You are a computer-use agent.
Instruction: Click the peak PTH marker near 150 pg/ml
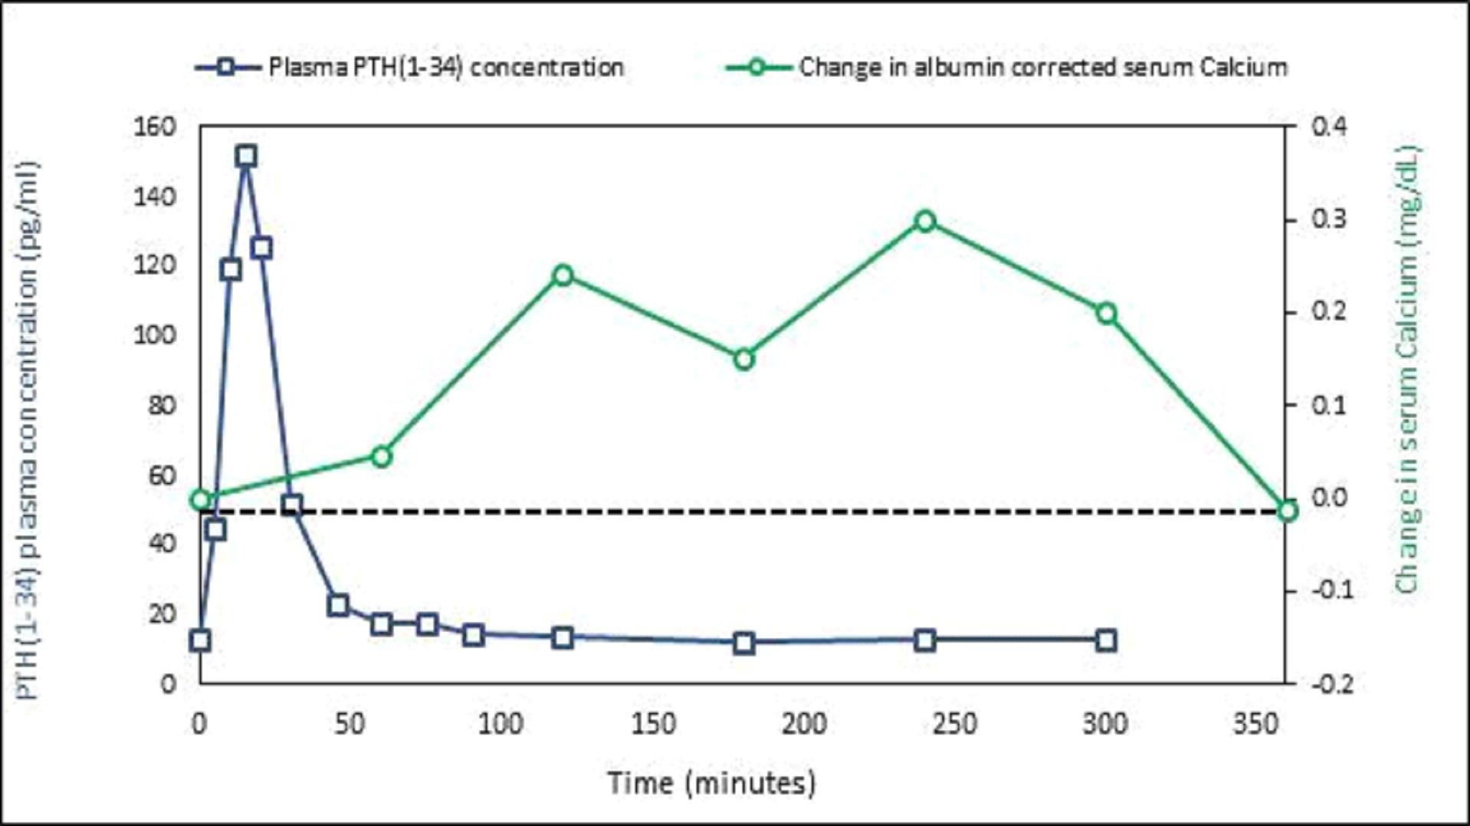tap(246, 156)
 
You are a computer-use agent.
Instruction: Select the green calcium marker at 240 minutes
tap(925, 222)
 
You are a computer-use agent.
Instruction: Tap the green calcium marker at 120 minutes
tap(563, 275)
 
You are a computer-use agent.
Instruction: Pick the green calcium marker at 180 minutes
tap(743, 360)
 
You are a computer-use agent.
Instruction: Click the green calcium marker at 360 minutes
tap(1288, 511)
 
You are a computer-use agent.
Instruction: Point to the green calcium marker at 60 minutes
tap(382, 457)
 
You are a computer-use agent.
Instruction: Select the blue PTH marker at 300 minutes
tap(1106, 640)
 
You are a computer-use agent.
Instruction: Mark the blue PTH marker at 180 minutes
tap(743, 643)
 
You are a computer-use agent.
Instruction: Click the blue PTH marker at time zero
tap(201, 640)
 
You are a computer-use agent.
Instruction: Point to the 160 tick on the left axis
tap(155, 127)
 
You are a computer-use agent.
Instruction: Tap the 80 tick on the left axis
tap(161, 405)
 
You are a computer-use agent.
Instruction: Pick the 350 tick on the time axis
tap(1255, 723)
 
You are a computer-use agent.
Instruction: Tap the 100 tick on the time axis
tap(500, 723)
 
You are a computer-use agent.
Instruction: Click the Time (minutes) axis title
tap(711, 783)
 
